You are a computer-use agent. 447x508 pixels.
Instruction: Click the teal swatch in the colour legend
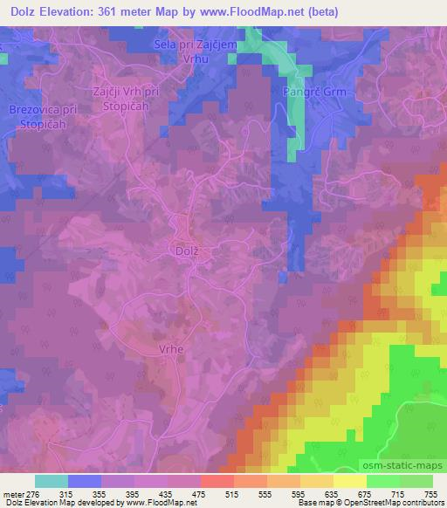coord(52,481)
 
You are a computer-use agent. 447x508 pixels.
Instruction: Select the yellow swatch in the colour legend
coord(349,481)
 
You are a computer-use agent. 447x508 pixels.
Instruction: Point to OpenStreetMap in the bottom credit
coord(367,504)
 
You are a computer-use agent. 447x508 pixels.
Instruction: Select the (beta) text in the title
coord(320,12)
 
